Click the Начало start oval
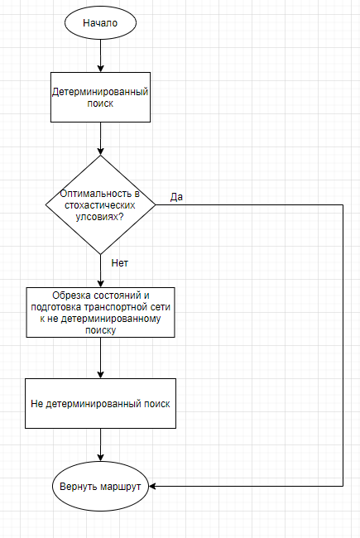pyautogui.click(x=101, y=22)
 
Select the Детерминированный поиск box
pyautogui.click(x=101, y=97)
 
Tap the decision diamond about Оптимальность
pyautogui.click(x=101, y=204)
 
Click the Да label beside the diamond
pyautogui.click(x=176, y=197)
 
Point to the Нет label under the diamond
pyautogui.click(x=120, y=263)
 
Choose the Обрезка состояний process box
pyautogui.click(x=101, y=312)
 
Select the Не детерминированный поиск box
pyautogui.click(x=101, y=404)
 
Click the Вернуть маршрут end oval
pyautogui.click(x=101, y=486)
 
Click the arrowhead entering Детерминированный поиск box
pyautogui.click(x=101, y=68)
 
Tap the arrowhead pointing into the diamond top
pyautogui.click(x=101, y=151)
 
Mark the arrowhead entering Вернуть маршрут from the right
pyautogui.click(x=153, y=486)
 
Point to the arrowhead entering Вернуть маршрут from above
pyautogui.click(x=101, y=458)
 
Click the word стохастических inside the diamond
pyautogui.click(x=100, y=205)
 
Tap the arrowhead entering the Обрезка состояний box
pyautogui.click(x=101, y=284)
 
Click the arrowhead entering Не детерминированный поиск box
pyautogui.click(x=101, y=375)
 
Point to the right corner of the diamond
pyautogui.click(x=156, y=204)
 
